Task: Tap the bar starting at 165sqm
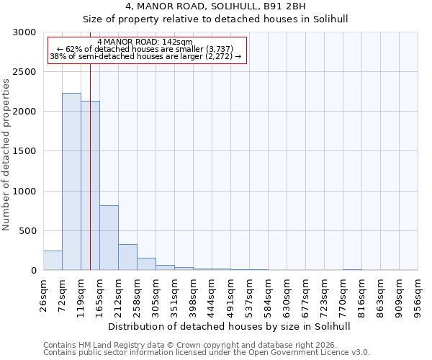pyautogui.click(x=109, y=238)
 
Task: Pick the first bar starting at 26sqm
pyautogui.click(x=53, y=261)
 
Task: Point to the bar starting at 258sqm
pyautogui.click(x=146, y=264)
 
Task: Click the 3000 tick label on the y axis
pyautogui.click(x=24, y=32)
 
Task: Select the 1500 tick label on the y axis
pyautogui.click(x=24, y=151)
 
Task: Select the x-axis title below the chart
pyautogui.click(x=230, y=326)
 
